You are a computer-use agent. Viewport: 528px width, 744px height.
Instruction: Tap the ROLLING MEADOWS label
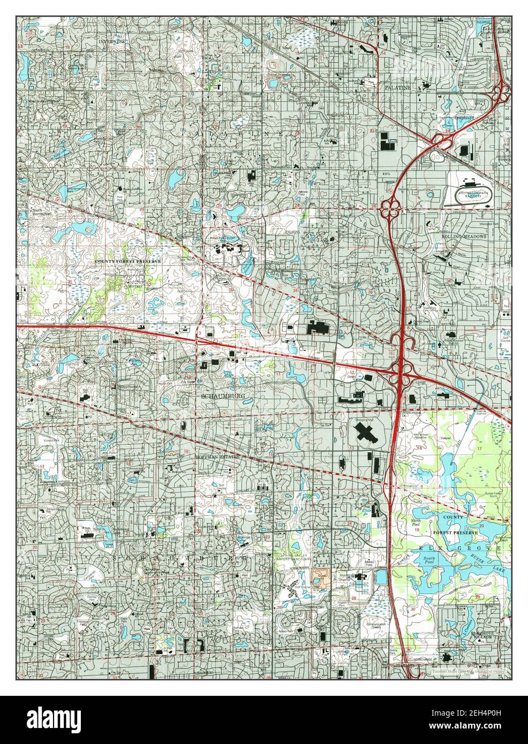point(464,236)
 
